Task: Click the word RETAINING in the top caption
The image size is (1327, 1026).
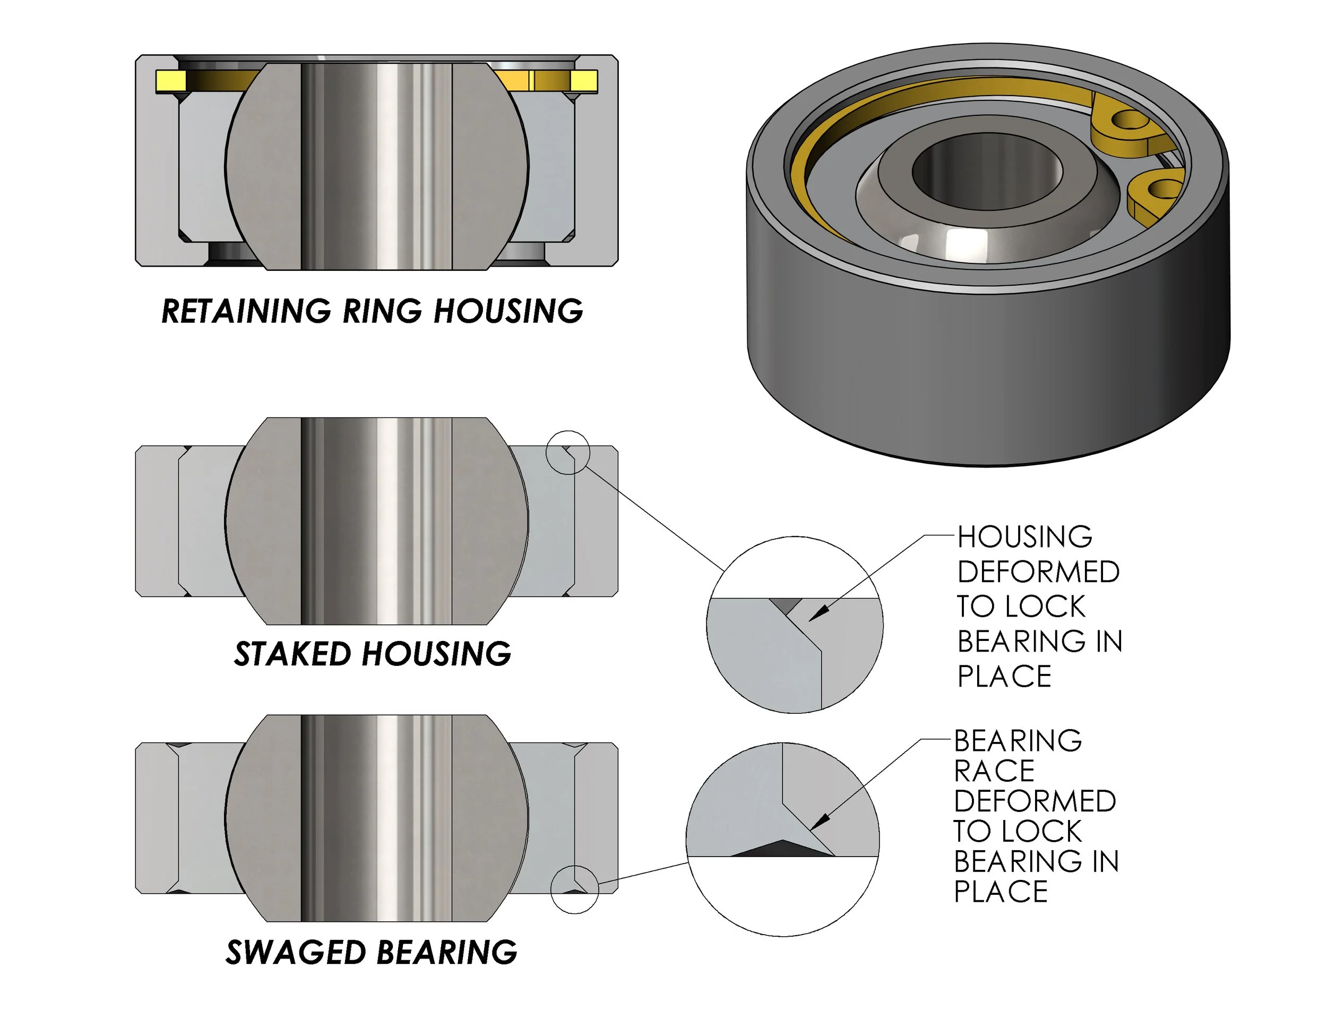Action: (246, 311)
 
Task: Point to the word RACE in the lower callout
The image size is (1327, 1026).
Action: (994, 771)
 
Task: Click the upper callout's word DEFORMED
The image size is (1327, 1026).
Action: (1038, 572)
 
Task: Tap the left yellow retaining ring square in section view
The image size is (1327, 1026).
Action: (170, 81)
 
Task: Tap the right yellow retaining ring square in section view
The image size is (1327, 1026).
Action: (584, 81)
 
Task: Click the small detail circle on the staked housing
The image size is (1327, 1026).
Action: (567, 452)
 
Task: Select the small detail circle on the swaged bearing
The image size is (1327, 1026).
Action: (574, 889)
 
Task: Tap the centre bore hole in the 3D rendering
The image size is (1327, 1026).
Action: (987, 170)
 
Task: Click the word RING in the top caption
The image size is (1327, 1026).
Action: (382, 311)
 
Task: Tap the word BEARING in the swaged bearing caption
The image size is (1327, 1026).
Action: (446, 952)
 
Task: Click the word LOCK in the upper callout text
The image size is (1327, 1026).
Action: (1045, 606)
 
